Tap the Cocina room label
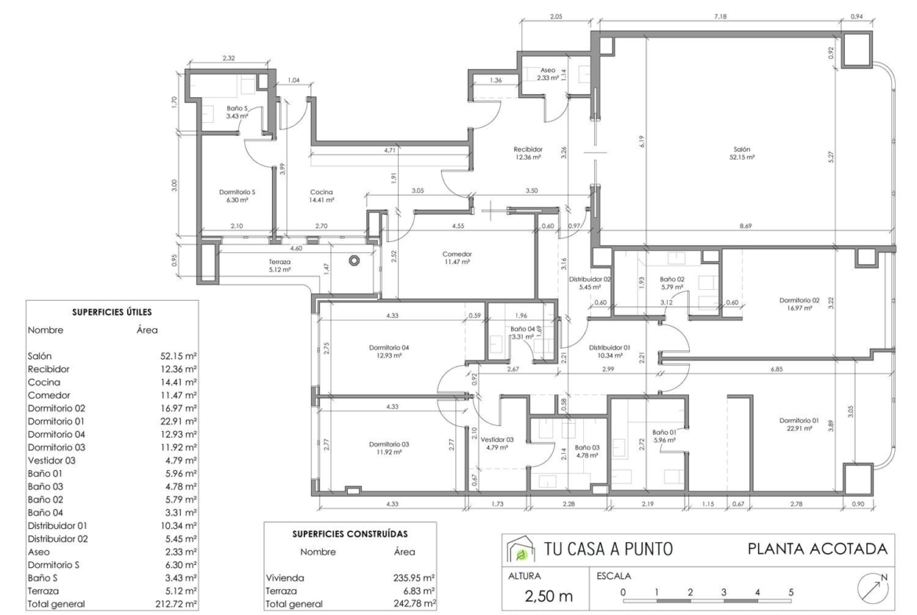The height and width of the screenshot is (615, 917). point(321,192)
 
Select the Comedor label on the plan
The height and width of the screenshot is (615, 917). point(457,255)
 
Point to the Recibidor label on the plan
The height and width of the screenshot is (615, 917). point(528,150)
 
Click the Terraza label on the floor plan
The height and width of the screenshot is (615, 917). point(280,262)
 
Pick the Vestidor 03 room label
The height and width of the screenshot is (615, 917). point(497,440)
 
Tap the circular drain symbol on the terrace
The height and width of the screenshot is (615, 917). point(353,261)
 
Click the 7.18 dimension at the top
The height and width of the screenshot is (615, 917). point(720,16)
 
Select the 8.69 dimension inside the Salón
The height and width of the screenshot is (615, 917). point(745,226)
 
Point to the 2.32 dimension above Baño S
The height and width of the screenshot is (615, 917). point(229,58)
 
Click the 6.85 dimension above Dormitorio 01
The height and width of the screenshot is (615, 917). point(777,369)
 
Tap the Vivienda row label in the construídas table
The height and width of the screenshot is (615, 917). point(285,577)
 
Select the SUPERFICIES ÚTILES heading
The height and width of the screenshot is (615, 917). point(112,312)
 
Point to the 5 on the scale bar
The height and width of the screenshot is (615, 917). point(791,592)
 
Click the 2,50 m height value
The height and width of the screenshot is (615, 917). point(549,596)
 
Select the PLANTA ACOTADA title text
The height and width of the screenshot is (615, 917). point(817,549)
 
